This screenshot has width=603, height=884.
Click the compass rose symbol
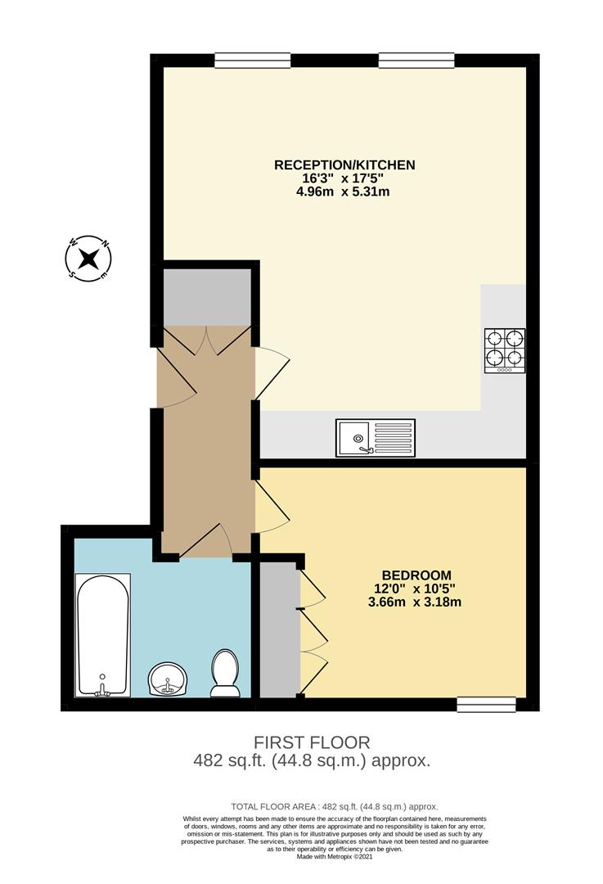pos(88,258)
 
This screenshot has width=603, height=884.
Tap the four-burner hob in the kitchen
pos(505,350)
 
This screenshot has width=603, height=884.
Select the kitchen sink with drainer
pos(376,437)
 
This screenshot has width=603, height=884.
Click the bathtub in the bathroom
pos(102,635)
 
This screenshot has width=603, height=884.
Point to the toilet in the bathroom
pos(224,674)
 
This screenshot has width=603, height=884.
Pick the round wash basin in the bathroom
pos(168,679)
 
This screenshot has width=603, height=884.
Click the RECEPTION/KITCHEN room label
pos(344,165)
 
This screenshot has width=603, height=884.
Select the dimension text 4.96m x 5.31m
pos(344,192)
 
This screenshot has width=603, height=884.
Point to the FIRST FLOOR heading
pos(311,742)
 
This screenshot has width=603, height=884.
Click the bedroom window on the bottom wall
pos(486,703)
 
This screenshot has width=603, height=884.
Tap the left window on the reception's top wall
pos(253,60)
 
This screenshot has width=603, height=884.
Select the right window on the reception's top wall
pos(416,60)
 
